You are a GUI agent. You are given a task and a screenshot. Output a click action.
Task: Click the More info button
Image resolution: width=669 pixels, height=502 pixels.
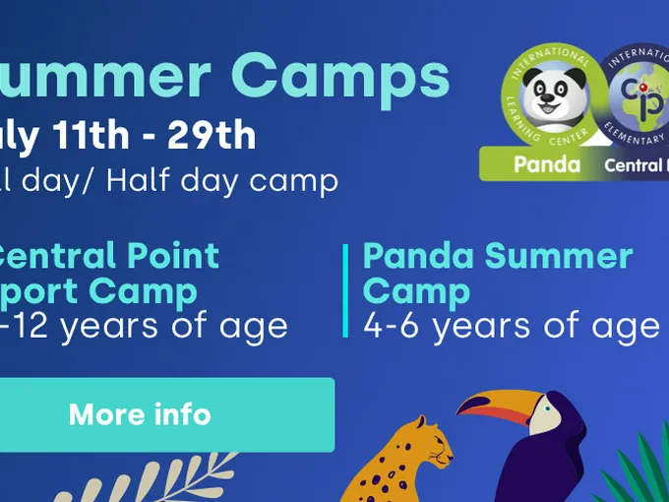140,414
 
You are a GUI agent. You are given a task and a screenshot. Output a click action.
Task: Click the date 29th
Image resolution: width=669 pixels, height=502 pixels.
212,136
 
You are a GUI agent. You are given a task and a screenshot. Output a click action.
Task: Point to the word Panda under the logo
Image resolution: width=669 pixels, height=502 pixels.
547,165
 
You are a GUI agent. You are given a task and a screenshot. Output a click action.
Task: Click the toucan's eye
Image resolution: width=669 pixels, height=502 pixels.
544,403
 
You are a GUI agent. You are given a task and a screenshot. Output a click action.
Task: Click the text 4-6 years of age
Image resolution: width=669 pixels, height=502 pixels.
511,325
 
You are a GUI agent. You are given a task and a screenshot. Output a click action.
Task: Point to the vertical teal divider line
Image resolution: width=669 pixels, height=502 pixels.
346,290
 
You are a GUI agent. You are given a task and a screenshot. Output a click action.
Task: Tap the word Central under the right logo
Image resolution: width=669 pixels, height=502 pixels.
636,165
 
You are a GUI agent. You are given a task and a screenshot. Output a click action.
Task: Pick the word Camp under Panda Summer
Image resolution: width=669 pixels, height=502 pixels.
416,291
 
